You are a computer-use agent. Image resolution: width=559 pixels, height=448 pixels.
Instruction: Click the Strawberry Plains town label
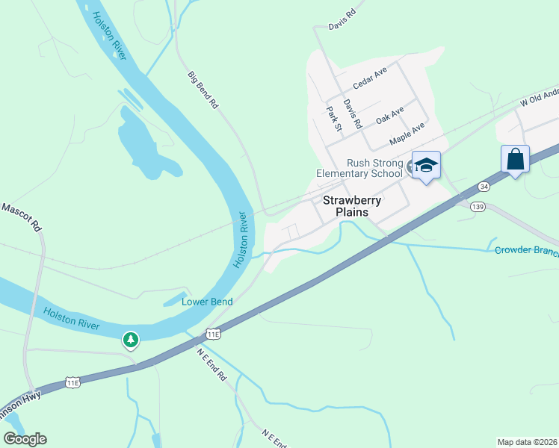pyautogui.click(x=352, y=206)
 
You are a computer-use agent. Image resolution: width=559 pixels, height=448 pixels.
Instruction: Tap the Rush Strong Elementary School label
pyautogui.click(x=363, y=169)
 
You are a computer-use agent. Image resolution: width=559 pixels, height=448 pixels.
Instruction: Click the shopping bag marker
pyautogui.click(x=515, y=159)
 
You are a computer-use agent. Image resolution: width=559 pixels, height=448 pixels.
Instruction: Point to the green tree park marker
pyautogui.click(x=131, y=340)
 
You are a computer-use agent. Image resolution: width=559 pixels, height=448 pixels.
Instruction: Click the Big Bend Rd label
pyautogui.click(x=203, y=90)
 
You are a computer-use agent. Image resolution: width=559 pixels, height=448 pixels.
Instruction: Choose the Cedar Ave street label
pyautogui.click(x=369, y=78)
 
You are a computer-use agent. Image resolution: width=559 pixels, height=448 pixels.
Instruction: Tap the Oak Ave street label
pyautogui.click(x=389, y=115)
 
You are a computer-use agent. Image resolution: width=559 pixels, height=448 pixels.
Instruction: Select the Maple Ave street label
pyautogui.click(x=407, y=134)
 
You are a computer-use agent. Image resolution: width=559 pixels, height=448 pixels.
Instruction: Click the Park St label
pyautogui.click(x=333, y=119)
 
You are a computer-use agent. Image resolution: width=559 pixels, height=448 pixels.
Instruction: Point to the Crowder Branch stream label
pyautogui.click(x=526, y=250)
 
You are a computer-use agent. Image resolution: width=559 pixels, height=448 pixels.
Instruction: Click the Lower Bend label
pyautogui.click(x=207, y=302)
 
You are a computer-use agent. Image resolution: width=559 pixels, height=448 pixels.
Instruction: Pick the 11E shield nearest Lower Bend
pyautogui.click(x=214, y=334)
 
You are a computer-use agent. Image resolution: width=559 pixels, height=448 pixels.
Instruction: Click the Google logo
pyautogui.click(x=25, y=439)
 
